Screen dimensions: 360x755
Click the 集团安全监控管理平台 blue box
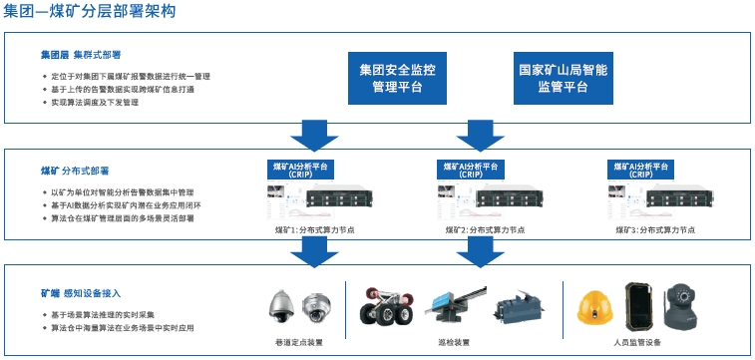click(397, 78)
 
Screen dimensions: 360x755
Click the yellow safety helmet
click(597, 304)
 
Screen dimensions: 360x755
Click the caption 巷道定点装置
click(300, 341)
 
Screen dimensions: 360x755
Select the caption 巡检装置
click(455, 341)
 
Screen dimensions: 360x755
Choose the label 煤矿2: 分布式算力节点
click(485, 229)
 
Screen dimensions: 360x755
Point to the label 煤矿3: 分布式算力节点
click(654, 229)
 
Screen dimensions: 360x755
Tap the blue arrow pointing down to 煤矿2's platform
click(483, 133)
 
